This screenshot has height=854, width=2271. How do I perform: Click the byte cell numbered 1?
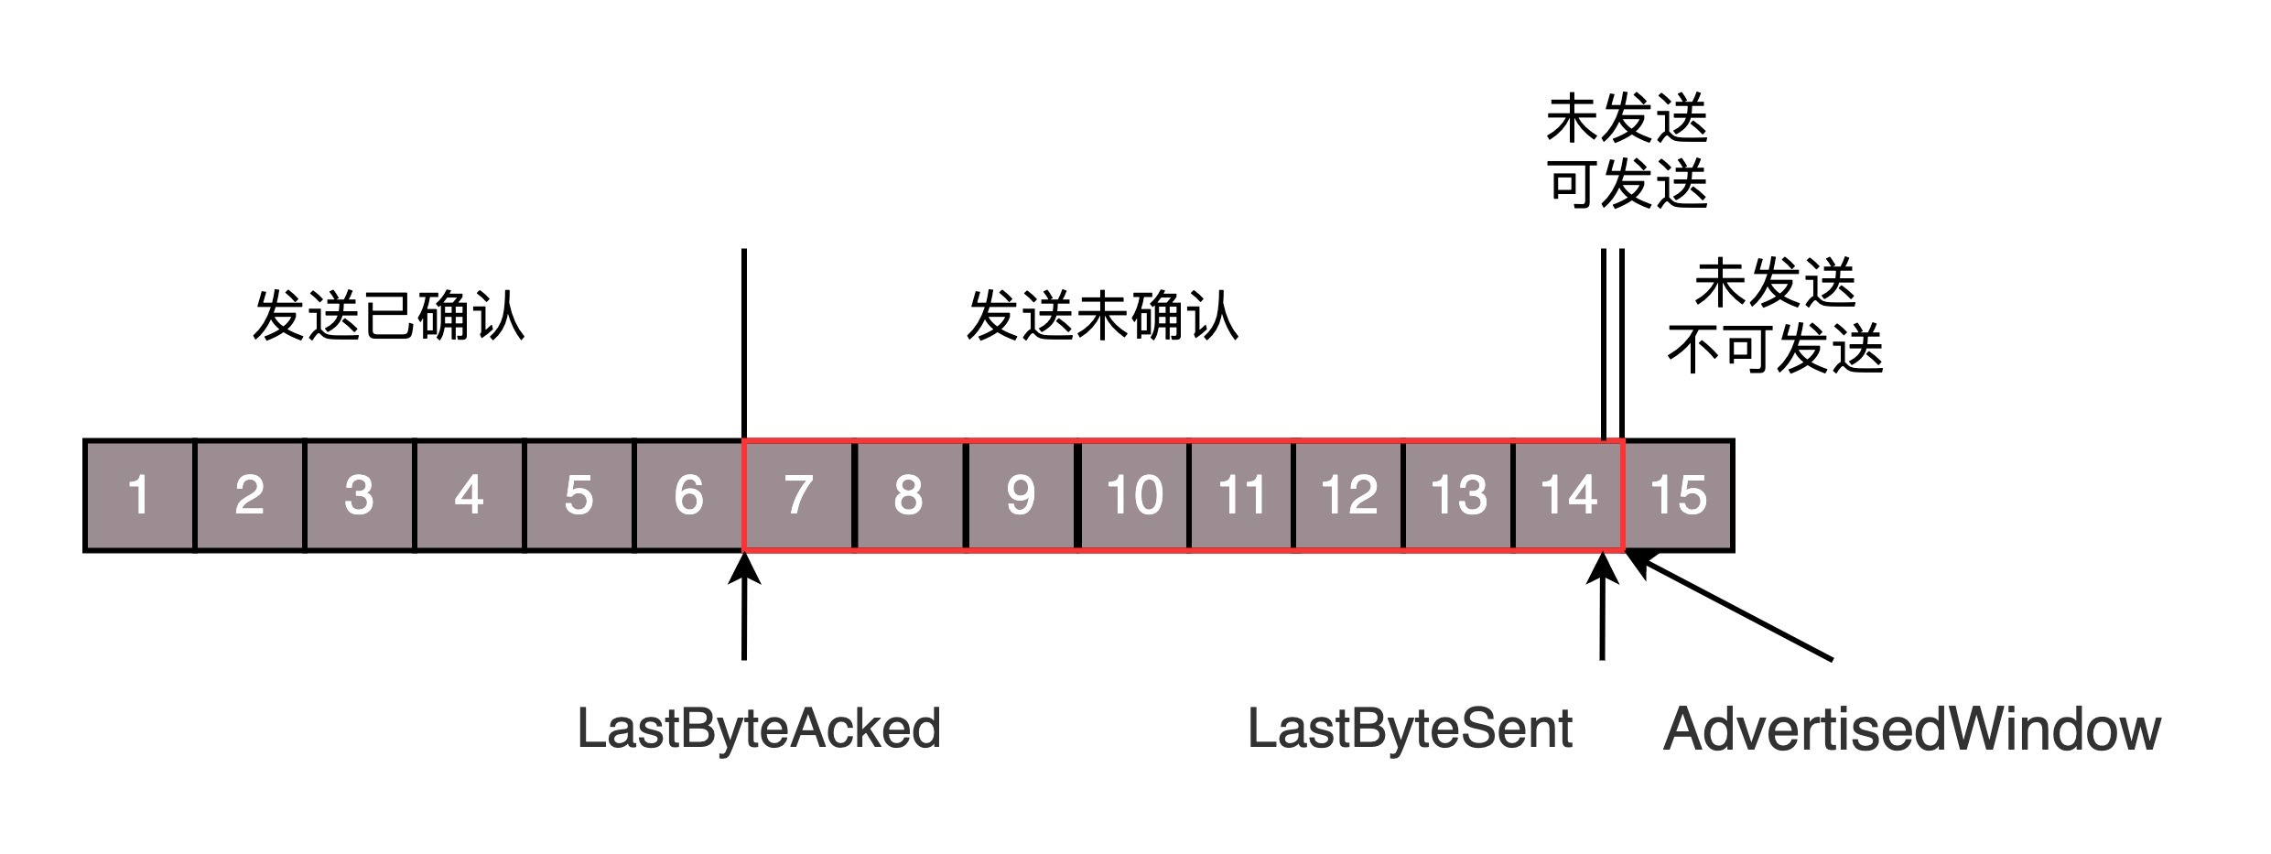click(139, 496)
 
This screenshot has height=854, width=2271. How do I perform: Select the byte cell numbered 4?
click(469, 496)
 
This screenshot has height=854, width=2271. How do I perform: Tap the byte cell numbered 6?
click(688, 496)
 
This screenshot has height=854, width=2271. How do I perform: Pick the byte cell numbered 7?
click(799, 496)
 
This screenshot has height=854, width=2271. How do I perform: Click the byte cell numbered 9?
click(1021, 496)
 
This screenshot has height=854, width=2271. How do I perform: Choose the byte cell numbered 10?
click(1134, 496)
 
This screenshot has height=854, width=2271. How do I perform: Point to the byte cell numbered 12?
click(1349, 496)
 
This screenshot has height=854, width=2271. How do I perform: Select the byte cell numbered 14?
click(1568, 496)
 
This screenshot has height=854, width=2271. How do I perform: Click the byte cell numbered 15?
click(1679, 496)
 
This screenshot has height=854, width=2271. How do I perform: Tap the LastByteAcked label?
click(759, 730)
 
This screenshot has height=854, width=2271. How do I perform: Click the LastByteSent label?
click(1410, 730)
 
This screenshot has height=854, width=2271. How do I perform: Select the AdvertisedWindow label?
click(1911, 730)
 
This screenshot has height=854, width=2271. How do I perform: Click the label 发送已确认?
click(389, 317)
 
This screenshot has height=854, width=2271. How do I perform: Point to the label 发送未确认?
click(1103, 317)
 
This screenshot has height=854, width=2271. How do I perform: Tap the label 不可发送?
click(1775, 349)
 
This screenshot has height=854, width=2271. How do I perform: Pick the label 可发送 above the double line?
click(1628, 184)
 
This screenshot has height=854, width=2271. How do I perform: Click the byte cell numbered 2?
click(249, 496)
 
